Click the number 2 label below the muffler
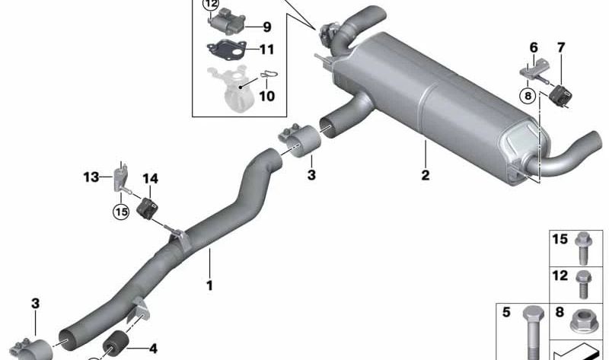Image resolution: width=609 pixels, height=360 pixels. (x=425, y=176)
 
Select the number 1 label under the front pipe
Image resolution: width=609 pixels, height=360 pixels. (x=209, y=287)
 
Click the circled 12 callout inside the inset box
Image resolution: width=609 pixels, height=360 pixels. (x=209, y=6)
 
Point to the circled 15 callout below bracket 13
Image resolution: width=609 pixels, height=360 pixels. (x=121, y=212)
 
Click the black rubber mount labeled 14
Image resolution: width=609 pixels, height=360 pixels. (x=148, y=208)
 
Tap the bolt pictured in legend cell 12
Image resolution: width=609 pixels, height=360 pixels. (x=583, y=282)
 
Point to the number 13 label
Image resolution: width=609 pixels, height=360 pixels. (x=91, y=178)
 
